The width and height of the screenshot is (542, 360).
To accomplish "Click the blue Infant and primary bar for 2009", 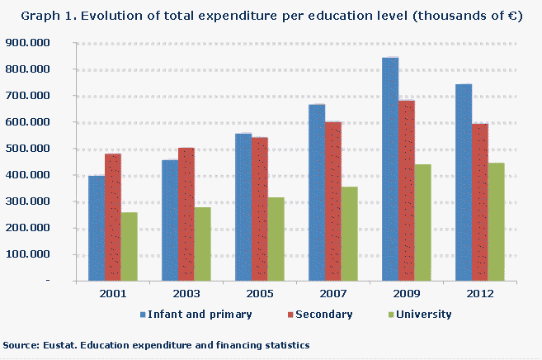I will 390,169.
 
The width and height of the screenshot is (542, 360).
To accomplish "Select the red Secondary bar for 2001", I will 113,217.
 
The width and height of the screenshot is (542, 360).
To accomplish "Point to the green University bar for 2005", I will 276,239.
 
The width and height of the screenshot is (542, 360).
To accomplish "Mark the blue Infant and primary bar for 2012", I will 464,182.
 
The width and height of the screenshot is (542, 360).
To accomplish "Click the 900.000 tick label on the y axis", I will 26,43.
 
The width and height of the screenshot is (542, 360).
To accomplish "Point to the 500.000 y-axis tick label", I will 26,149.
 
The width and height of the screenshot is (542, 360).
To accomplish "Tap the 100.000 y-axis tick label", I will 26,254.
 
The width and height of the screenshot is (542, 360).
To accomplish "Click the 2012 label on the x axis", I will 479,294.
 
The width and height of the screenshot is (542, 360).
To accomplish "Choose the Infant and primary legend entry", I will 200,314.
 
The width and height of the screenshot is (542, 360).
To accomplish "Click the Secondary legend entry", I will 323,314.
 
